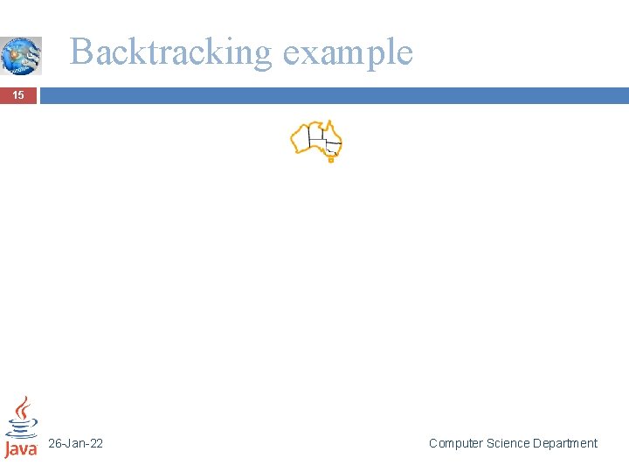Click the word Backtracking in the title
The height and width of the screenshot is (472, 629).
click(x=171, y=52)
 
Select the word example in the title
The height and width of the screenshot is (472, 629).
click(x=347, y=52)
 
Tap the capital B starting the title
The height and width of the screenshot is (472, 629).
click(x=81, y=52)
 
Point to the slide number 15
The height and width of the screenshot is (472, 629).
click(x=17, y=95)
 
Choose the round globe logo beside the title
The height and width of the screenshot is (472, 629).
click(x=20, y=55)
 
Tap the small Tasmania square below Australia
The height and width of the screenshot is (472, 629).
click(x=331, y=160)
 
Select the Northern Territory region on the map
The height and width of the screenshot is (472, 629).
click(x=316, y=132)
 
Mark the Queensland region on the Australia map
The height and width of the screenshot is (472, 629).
click(x=330, y=133)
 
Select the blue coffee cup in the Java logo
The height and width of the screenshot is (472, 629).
click(x=21, y=427)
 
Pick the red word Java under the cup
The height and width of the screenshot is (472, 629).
click(x=21, y=448)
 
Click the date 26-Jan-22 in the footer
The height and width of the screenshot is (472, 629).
click(x=75, y=444)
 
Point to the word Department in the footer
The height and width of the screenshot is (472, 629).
click(x=565, y=444)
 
